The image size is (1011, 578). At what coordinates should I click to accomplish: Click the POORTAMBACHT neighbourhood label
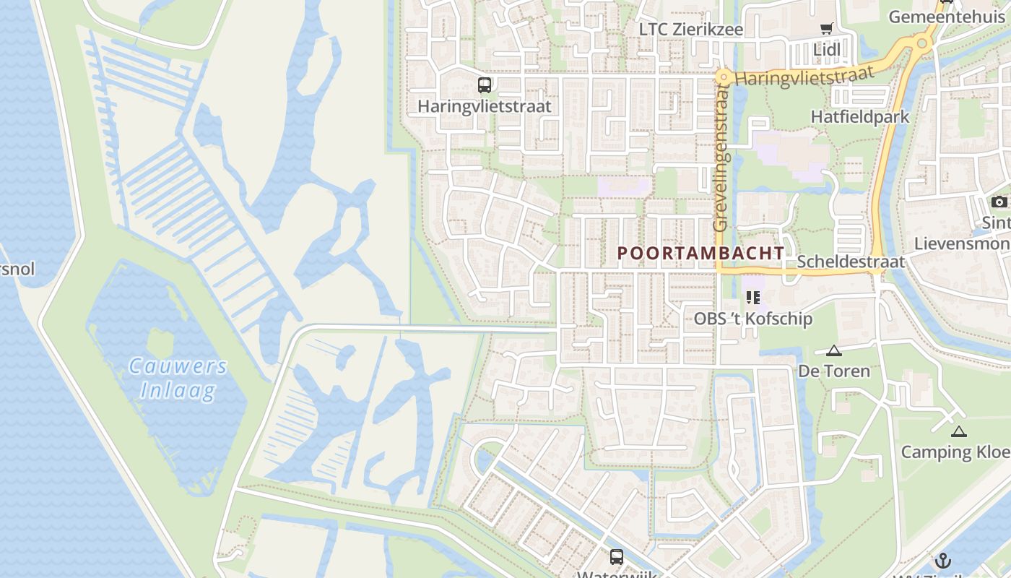(x=700, y=253)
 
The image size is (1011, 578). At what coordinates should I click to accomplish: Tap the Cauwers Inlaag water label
(x=178, y=378)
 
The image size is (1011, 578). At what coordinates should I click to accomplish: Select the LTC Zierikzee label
(x=691, y=30)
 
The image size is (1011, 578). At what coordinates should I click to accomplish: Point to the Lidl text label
(x=827, y=50)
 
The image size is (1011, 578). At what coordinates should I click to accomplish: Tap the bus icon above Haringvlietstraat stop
(x=485, y=85)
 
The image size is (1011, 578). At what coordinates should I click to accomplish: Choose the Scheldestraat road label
(x=851, y=262)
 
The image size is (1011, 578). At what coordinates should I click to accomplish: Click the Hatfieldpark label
(x=859, y=116)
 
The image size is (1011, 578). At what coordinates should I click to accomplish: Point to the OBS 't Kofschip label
(x=752, y=319)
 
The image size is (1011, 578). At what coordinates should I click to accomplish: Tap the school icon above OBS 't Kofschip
(x=754, y=297)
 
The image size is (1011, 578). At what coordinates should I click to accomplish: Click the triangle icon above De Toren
(x=834, y=351)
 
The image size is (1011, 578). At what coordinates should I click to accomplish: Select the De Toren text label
(x=834, y=371)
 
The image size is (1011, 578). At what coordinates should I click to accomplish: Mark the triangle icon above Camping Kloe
(x=958, y=432)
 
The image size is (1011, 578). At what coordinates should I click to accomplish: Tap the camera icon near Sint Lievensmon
(x=999, y=202)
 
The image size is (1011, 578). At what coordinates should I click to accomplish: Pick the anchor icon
(x=942, y=561)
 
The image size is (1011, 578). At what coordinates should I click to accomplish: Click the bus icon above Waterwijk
(x=616, y=557)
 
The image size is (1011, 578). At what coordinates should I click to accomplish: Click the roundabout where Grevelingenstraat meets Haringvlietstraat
(x=722, y=77)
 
